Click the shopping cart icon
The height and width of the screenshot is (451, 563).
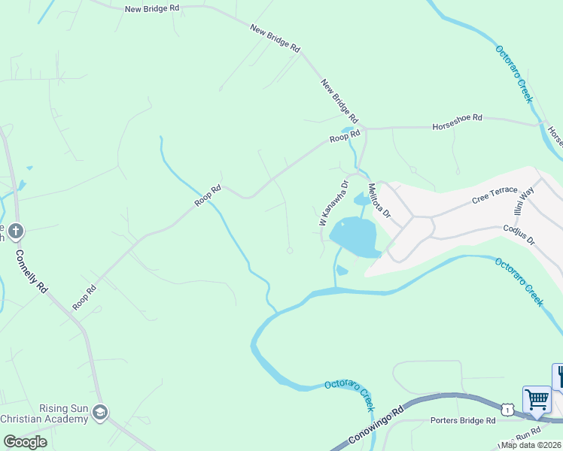click(x=537, y=398)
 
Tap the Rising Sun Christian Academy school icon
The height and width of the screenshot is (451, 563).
click(x=101, y=413)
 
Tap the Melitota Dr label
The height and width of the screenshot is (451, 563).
click(x=379, y=201)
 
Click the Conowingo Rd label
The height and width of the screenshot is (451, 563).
click(x=377, y=426)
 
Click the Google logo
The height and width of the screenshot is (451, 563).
click(x=24, y=442)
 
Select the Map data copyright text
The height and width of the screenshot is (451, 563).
click(x=531, y=445)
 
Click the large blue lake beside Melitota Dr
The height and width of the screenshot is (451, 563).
click(x=354, y=237)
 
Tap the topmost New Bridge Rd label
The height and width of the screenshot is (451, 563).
click(x=153, y=8)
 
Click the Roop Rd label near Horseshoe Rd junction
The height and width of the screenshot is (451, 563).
click(x=345, y=138)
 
